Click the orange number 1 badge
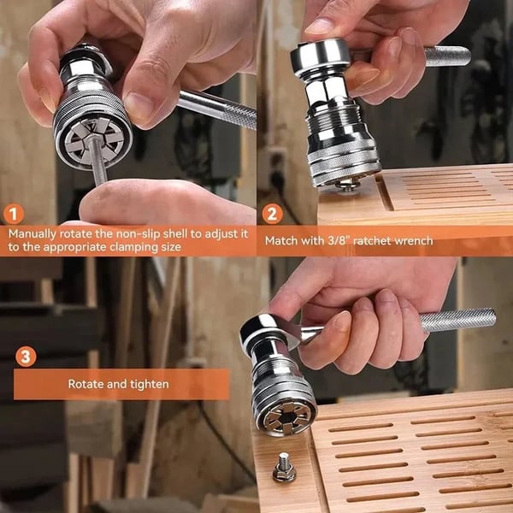click(14, 213)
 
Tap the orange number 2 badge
click(271, 213)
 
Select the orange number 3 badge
click(27, 355)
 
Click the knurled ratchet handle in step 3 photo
click(457, 321)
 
